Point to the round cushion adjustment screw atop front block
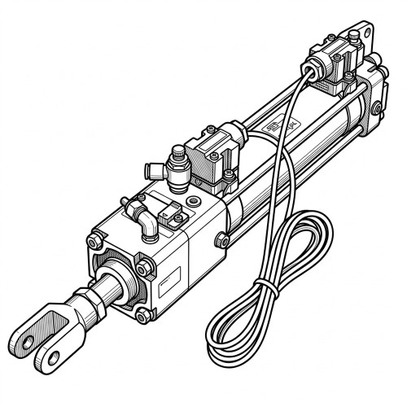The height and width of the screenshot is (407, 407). point(193,200)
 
